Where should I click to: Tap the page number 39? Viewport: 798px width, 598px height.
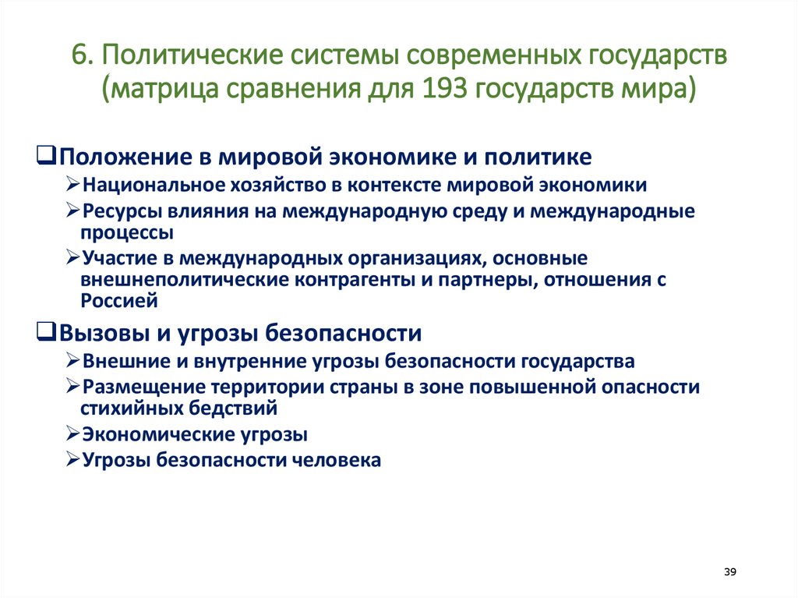(730, 572)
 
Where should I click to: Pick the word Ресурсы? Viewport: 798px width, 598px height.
(116, 211)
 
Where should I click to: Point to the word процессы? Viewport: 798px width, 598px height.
(126, 232)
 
